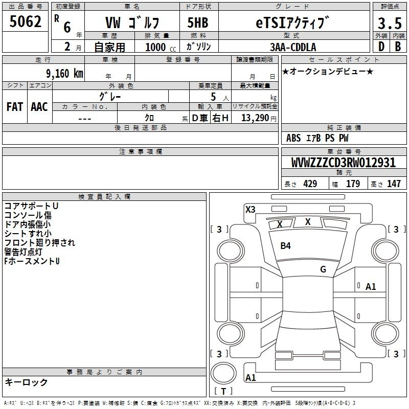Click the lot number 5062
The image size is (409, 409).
25,21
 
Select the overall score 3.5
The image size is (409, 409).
390,23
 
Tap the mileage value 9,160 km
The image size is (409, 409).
64,73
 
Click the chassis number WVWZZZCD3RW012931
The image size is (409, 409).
343,163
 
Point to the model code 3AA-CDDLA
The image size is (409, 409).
293,47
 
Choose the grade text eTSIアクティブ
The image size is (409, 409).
292,22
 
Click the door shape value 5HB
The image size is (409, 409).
198,22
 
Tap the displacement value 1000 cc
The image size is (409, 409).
161,47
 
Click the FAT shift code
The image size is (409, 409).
15,107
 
